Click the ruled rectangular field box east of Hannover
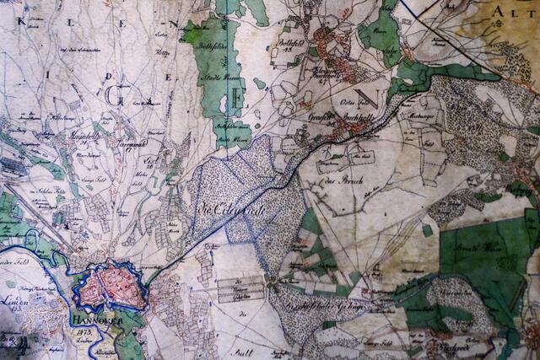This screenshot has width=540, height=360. click(x=240, y=289)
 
